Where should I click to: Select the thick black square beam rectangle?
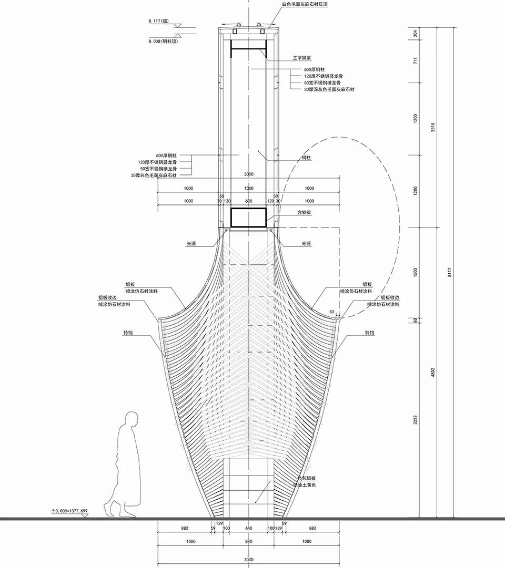249,218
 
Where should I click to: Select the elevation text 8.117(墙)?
158,22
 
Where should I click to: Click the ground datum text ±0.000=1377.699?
69,510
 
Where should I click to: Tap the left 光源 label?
191,243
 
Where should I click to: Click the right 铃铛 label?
369,333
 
